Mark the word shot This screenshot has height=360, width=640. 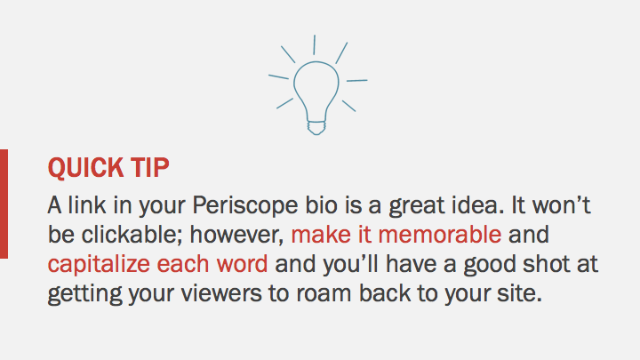click(528, 264)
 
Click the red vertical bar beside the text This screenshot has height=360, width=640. click(4, 204)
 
